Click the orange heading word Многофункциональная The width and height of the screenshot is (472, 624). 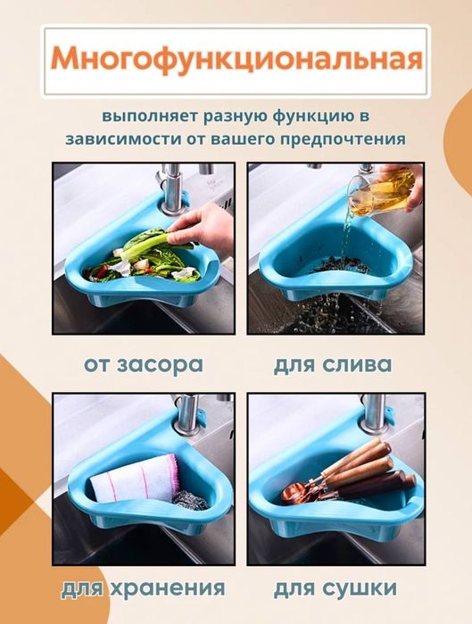[236, 60]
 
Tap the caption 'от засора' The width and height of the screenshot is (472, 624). [144, 364]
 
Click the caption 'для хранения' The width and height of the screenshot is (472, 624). [143, 590]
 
